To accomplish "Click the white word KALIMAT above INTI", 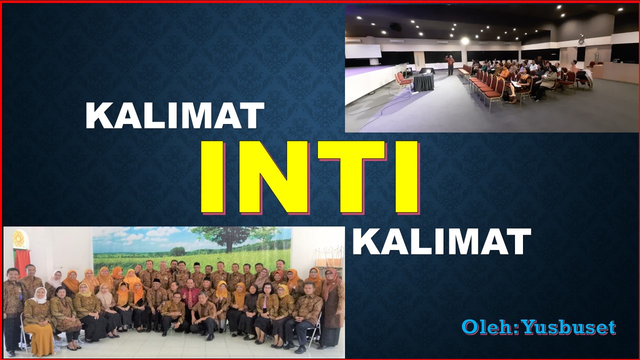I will tap(174, 116).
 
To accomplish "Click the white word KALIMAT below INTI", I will tap(441, 242).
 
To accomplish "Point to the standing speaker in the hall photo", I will tap(450, 64).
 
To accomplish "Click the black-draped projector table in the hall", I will tap(423, 81).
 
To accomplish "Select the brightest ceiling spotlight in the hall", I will tap(464, 40).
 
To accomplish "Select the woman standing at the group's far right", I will tap(331, 305).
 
